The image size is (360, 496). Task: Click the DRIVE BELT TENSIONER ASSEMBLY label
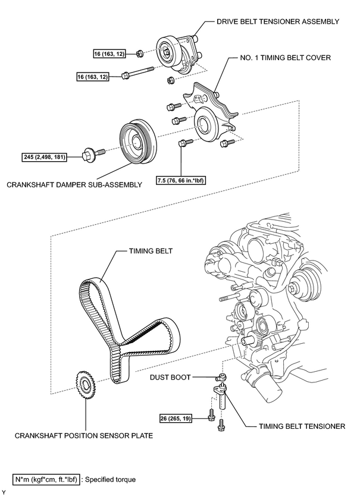click(x=278, y=21)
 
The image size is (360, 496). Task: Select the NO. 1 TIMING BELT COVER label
click(x=285, y=58)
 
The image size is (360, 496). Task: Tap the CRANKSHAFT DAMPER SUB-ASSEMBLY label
click(x=74, y=184)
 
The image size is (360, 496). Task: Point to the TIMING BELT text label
click(x=151, y=251)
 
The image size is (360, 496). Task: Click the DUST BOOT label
click(x=170, y=377)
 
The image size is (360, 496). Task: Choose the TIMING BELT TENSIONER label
click(x=302, y=426)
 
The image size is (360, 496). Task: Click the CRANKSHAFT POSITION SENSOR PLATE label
click(x=84, y=435)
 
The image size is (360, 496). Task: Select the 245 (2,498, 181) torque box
click(x=44, y=157)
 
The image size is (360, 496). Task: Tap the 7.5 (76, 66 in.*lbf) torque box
click(x=181, y=181)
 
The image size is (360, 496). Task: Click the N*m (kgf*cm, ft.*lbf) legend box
click(x=46, y=479)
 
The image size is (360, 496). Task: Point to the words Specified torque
click(x=110, y=479)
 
